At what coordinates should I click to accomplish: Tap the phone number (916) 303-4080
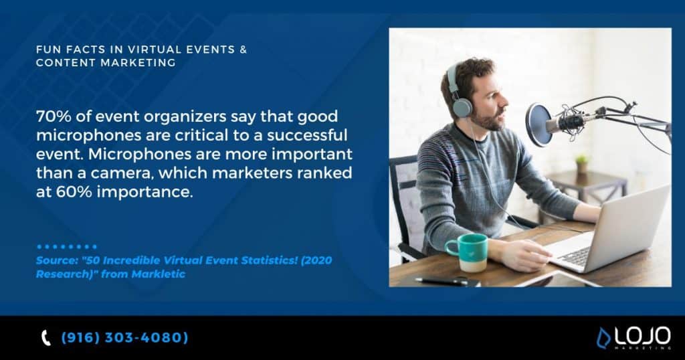[x=124, y=338]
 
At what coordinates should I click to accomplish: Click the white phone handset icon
[x=46, y=339]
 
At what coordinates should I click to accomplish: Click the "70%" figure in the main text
[x=51, y=117]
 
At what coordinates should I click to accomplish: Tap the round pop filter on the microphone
[x=538, y=124]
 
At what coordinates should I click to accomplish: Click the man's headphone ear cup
[x=462, y=105]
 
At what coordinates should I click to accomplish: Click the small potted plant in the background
[x=581, y=163]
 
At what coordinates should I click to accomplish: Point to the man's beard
[x=494, y=120]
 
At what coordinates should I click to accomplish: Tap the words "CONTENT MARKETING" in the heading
[x=106, y=63]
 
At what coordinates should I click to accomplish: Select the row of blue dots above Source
[x=67, y=247]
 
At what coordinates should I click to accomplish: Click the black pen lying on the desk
[x=441, y=281]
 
